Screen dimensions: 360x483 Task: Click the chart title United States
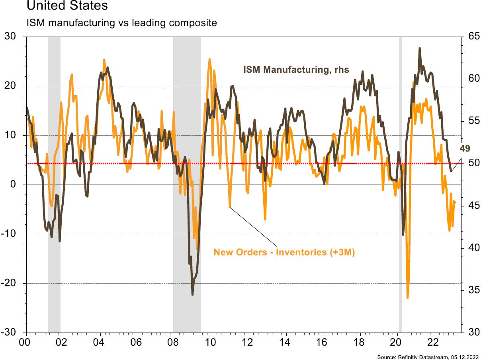67,6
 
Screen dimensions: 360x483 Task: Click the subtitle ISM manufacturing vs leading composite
121,23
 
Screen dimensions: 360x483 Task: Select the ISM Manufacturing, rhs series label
296,70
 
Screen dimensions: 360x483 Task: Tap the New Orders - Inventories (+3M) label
284,252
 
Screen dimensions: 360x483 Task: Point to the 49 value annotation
465,149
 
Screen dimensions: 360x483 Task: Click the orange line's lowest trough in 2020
407,298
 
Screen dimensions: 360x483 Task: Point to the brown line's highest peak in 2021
420,48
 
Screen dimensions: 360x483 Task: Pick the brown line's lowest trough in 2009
193,294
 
